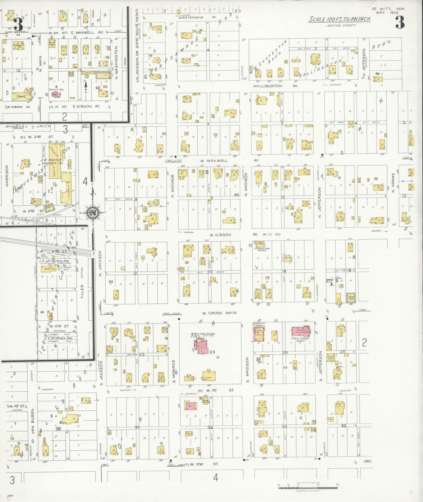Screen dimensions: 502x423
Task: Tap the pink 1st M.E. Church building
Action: click(x=302, y=332)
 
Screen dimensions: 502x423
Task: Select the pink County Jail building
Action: click(x=55, y=95)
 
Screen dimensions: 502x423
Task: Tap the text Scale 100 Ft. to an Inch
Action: click(x=340, y=19)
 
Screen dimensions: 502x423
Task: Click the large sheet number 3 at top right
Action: click(x=400, y=22)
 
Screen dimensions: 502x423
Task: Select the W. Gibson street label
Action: click(x=220, y=235)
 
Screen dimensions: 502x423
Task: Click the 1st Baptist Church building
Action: click(x=259, y=334)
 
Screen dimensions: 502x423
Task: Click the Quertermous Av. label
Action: click(x=191, y=17)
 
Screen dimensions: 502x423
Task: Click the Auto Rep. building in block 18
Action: click(x=351, y=298)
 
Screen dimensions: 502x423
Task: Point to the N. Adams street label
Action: click(x=393, y=182)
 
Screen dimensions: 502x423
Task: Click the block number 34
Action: click(x=210, y=427)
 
